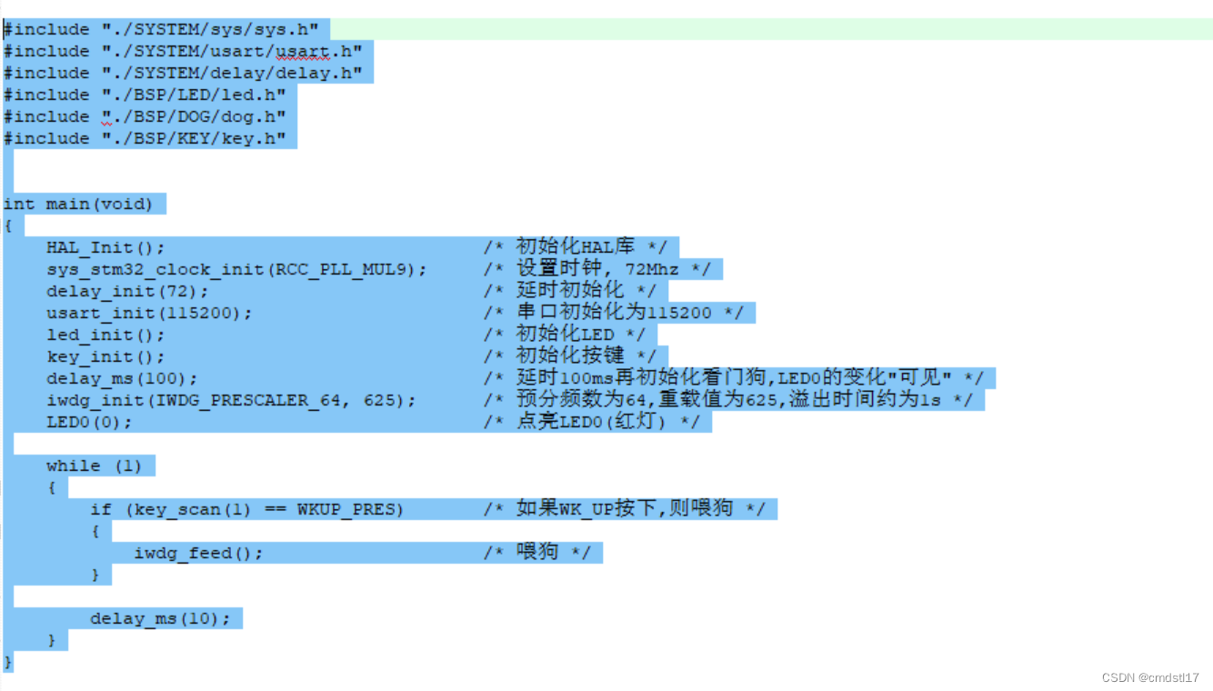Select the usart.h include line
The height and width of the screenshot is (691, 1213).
click(183, 52)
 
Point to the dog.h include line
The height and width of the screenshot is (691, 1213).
click(145, 117)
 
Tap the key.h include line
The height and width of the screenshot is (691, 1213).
click(145, 139)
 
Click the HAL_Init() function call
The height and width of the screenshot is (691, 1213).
click(105, 248)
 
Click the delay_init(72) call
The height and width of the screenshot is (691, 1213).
click(127, 292)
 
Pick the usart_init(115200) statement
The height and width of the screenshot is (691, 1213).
click(149, 314)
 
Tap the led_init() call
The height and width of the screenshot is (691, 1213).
click(105, 335)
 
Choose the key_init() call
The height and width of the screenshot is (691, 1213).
click(105, 357)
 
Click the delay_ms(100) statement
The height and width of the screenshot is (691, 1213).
click(122, 379)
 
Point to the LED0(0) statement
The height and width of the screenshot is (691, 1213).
click(89, 423)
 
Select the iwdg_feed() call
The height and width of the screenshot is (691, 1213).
click(198, 554)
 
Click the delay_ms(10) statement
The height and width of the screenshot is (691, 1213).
click(160, 619)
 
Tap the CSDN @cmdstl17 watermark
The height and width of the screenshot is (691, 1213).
click(1150, 678)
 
